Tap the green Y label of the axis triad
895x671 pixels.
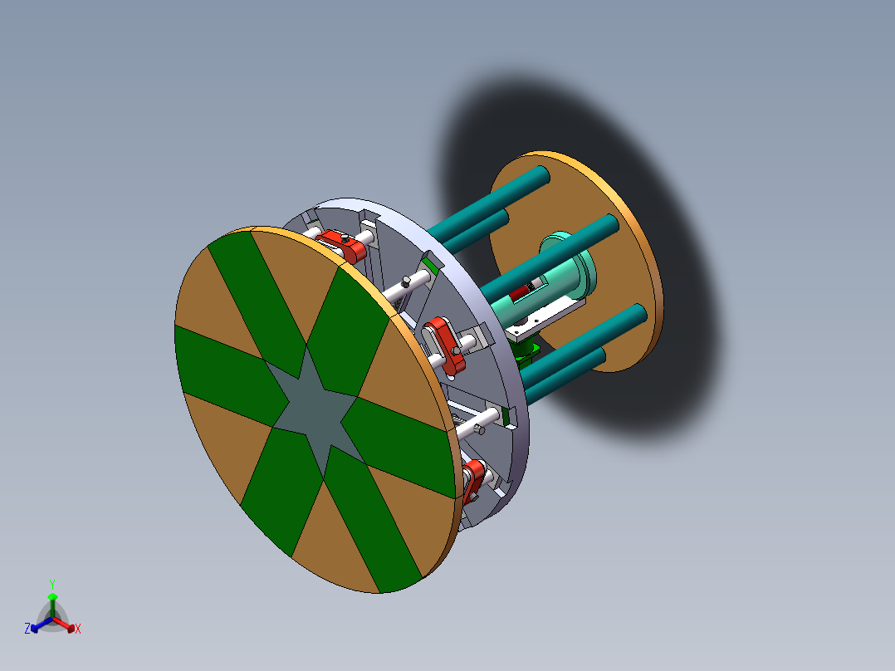click(x=52, y=584)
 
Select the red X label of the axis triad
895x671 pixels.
click(x=78, y=629)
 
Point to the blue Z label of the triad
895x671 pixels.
click(x=27, y=629)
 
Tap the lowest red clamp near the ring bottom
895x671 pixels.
click(x=475, y=480)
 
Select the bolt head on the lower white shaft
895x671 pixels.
click(x=481, y=429)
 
